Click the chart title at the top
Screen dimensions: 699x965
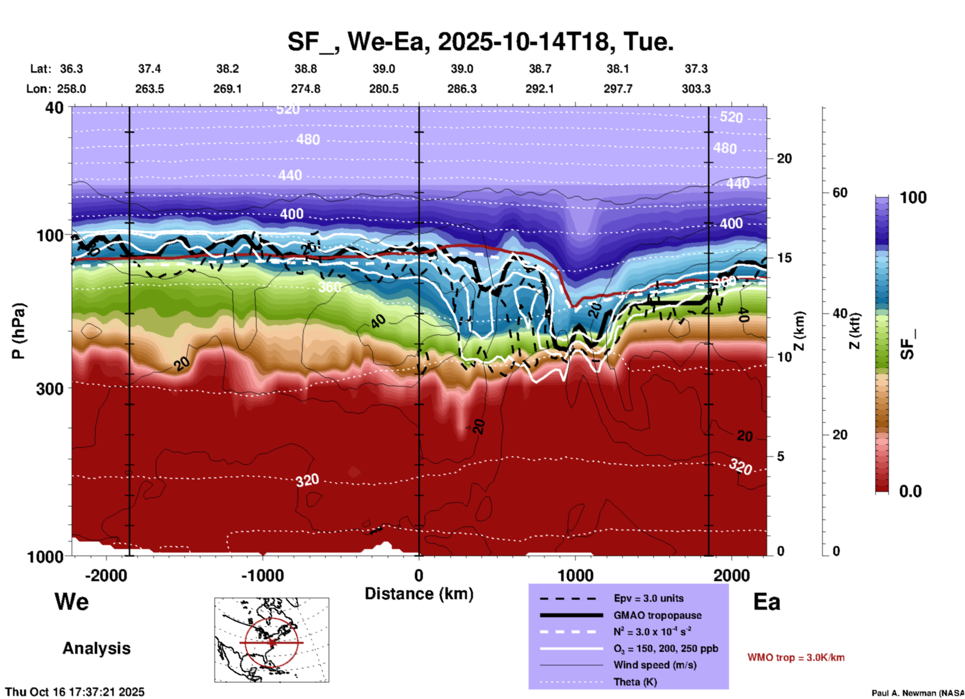pyautogui.click(x=480, y=41)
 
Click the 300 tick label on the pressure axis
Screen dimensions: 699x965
pyautogui.click(x=50, y=389)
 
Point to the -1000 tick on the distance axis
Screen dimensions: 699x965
pyautogui.click(x=263, y=575)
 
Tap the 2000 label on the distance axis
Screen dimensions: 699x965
pyautogui.click(x=732, y=575)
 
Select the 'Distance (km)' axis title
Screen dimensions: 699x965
pyautogui.click(x=419, y=594)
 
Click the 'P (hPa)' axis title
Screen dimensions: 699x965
pyautogui.click(x=19, y=331)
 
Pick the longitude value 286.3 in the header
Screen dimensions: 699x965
pyautogui.click(x=461, y=89)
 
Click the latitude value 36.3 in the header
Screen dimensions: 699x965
pyautogui.click(x=71, y=69)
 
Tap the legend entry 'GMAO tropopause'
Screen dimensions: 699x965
pyautogui.click(x=657, y=615)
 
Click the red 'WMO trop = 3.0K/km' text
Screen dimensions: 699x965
pyautogui.click(x=796, y=657)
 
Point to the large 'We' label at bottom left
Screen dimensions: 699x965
pyautogui.click(x=72, y=602)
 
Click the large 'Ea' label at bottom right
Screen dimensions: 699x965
pyautogui.click(x=767, y=602)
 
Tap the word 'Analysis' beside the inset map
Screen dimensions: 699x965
pyautogui.click(x=96, y=648)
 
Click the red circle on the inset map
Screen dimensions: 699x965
pyautogui.click(x=272, y=618)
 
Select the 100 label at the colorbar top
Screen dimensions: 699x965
pyautogui.click(x=913, y=198)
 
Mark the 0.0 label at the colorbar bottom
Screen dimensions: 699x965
pyautogui.click(x=910, y=491)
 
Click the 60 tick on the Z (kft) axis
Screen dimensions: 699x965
pyautogui.click(x=840, y=193)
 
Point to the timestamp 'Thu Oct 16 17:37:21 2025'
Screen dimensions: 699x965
pyautogui.click(x=75, y=692)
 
